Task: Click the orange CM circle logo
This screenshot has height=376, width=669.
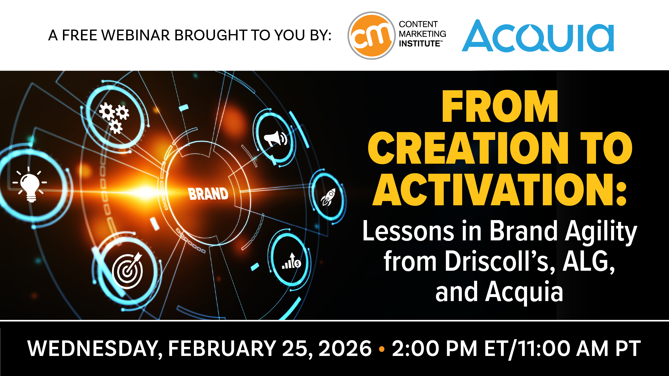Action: point(371,36)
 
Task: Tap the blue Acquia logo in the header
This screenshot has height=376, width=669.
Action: point(538,36)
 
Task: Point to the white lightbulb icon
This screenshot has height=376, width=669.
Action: point(30,184)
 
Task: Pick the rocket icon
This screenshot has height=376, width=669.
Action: point(328,197)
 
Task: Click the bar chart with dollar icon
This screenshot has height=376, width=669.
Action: point(291,261)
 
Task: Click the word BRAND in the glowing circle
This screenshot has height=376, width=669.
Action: point(208,194)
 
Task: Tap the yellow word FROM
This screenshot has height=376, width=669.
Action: point(500,106)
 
